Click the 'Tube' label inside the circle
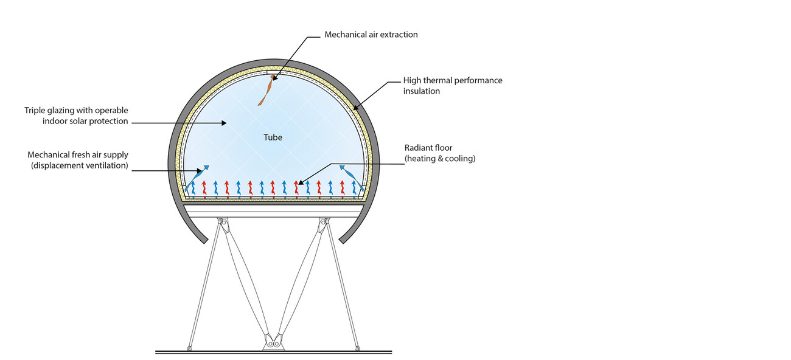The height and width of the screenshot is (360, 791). click(x=273, y=137)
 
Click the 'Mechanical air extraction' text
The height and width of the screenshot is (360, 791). click(x=371, y=35)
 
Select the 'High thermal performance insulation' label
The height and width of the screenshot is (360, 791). click(x=452, y=86)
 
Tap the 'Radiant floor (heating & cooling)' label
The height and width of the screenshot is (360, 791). click(x=439, y=153)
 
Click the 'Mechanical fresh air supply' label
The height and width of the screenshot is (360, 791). click(x=76, y=160)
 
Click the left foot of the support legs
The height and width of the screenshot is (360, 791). click(x=189, y=348)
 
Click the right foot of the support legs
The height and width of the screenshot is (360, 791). click(x=357, y=348)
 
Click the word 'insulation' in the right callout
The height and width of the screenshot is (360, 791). click(x=421, y=91)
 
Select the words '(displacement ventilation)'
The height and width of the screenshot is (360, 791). click(x=80, y=165)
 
